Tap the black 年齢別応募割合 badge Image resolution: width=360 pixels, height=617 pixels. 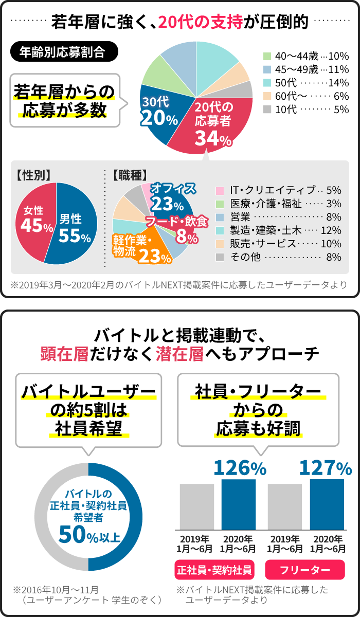pos(64,52)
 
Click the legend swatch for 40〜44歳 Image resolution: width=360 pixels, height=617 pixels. pos(267,56)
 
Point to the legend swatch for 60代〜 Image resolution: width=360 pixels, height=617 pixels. pos(267,96)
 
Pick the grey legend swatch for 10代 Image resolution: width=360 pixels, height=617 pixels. pos(267,110)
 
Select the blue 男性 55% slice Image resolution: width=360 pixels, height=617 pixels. pos(75,226)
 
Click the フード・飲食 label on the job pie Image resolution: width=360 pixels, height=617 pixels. pos(177,223)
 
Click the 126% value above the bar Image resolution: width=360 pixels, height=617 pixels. pos(240,468)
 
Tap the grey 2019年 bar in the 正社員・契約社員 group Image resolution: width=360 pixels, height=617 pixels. pos(196,506)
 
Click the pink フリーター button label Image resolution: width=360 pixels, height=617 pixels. pos(305,570)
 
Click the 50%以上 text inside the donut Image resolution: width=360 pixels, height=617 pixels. pos(89,535)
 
